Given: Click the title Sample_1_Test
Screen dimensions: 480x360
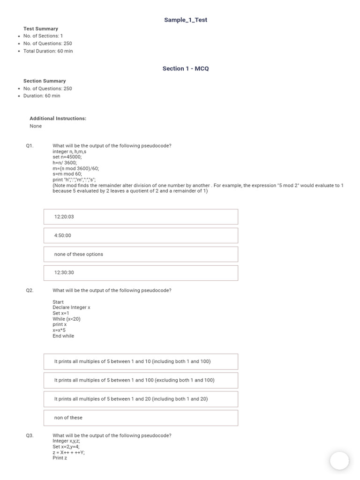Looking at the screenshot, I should (x=185, y=20).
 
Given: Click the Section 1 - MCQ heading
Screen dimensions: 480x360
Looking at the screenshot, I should (x=185, y=68).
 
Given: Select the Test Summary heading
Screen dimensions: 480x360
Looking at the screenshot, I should (x=41, y=29).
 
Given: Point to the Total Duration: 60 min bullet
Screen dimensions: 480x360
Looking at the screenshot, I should (x=48, y=51).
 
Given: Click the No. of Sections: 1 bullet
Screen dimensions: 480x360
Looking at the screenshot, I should (x=43, y=36).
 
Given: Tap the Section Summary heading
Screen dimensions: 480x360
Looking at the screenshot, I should (x=45, y=81).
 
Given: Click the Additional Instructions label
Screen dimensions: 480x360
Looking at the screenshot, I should (x=58, y=119).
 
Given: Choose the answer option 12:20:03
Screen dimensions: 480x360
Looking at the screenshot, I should (x=141, y=217).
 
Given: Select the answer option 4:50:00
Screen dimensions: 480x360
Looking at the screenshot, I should (x=141, y=235).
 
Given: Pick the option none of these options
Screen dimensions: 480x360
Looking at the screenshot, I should (x=141, y=254).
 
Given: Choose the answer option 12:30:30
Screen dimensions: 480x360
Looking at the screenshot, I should (x=141, y=273).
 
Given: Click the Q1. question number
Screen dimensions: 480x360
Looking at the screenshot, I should (x=30, y=146).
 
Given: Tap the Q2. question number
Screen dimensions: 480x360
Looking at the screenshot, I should (x=30, y=291).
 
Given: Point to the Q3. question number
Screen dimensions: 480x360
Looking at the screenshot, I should (x=30, y=435).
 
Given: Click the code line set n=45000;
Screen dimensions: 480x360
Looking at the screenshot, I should (x=67, y=157).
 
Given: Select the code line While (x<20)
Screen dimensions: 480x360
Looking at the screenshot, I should (x=67, y=319).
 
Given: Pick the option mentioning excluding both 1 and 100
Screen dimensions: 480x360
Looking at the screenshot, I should (x=141, y=380).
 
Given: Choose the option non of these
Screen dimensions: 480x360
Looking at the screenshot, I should (x=141, y=418).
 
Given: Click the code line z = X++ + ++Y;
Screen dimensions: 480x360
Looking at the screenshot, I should (x=68, y=452).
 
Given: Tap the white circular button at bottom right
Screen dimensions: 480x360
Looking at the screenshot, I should (x=339, y=461).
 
